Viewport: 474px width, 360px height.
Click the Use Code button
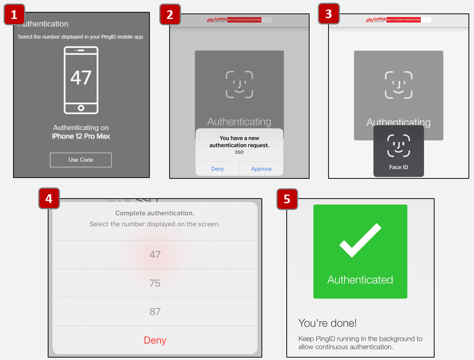click(x=81, y=160)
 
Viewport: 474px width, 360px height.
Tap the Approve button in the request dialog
click(x=261, y=169)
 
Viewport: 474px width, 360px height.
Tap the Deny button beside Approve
click(x=217, y=169)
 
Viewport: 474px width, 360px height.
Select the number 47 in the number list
click(x=155, y=255)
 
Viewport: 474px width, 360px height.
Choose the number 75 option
click(x=155, y=283)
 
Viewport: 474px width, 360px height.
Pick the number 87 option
click(x=155, y=311)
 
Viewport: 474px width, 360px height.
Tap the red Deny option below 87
click(x=155, y=340)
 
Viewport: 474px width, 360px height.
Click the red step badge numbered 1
click(x=14, y=15)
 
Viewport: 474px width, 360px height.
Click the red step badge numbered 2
click(x=170, y=15)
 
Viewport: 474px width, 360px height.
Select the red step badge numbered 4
click(x=49, y=199)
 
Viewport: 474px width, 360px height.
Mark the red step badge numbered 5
click(x=287, y=199)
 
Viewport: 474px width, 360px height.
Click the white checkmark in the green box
click(x=360, y=241)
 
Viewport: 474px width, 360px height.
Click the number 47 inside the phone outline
click(x=81, y=77)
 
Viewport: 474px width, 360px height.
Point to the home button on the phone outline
click(x=81, y=108)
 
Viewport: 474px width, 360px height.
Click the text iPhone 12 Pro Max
click(x=81, y=136)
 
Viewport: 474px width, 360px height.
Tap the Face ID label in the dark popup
click(x=398, y=167)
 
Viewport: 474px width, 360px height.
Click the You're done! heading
click(x=327, y=323)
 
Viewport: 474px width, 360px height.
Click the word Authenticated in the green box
click(x=360, y=280)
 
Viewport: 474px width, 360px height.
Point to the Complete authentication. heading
click(x=155, y=213)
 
